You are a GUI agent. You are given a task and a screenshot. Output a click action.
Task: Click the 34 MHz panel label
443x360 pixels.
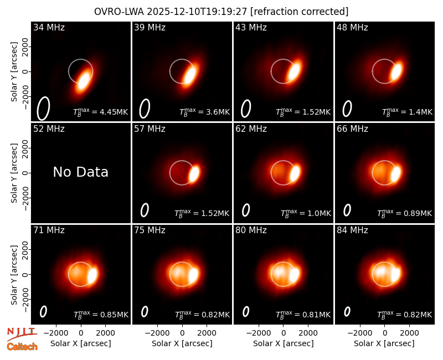(49, 27)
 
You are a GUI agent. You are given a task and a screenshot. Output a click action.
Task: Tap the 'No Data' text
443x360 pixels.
(80, 172)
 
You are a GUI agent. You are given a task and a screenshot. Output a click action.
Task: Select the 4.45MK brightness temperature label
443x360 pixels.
(101, 112)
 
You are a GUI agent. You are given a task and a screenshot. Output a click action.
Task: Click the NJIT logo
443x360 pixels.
(22, 334)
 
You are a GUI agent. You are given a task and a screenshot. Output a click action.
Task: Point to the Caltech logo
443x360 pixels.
(22, 347)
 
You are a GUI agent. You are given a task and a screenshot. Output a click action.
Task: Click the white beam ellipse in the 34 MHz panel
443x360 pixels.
(43, 108)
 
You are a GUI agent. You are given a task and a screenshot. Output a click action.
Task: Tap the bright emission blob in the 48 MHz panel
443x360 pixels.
(396, 71)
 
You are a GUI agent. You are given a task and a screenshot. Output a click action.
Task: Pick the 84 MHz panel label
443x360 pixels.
(352, 230)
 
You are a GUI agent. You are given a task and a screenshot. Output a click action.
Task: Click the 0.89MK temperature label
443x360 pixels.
(405, 213)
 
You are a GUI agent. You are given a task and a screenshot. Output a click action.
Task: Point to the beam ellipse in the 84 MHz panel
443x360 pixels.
(347, 311)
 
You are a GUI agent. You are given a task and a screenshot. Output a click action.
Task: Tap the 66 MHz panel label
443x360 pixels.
(352, 129)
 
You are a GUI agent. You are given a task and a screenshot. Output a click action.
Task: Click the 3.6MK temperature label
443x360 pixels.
(204, 112)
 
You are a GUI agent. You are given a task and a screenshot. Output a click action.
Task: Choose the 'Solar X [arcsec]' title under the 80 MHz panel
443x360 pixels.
(283, 343)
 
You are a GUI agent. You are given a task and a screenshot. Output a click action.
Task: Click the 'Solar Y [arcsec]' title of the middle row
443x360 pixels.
(14, 173)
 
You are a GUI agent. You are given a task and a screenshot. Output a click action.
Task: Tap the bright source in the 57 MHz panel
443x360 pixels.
(194, 173)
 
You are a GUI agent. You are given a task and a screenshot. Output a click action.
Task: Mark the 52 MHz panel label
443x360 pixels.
(49, 129)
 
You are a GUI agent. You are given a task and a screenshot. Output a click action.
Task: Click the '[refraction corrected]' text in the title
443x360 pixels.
(299, 12)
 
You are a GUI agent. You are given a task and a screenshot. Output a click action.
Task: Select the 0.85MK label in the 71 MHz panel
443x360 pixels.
(101, 315)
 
